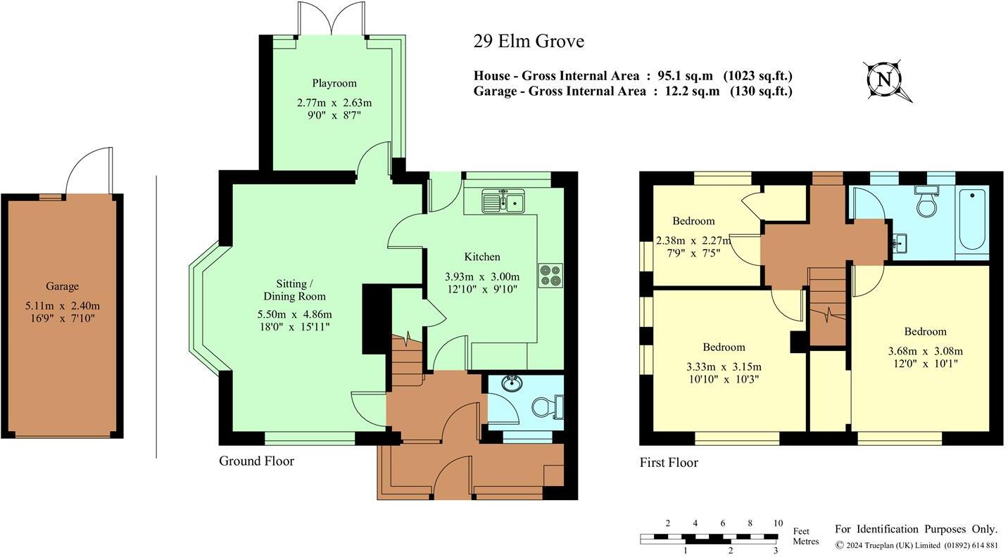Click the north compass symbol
point(883,79)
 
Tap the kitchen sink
point(502,202)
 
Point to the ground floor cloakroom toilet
point(547,406)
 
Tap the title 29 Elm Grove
point(529,41)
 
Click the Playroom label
point(334,83)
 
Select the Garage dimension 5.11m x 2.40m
point(63,305)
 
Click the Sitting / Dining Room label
point(294,290)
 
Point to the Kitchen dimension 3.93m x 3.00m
point(482,276)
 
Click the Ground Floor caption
point(256,461)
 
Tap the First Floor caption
point(669,463)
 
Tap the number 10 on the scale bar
point(778,523)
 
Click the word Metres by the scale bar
point(805,542)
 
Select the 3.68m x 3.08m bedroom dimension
point(925,351)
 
